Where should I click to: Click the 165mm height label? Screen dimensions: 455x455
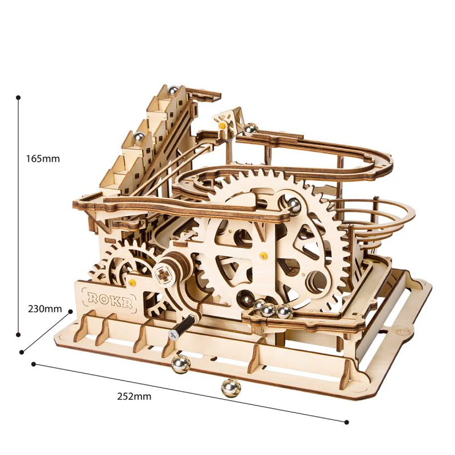click(x=43, y=159)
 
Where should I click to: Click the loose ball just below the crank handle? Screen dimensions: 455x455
click(x=180, y=365)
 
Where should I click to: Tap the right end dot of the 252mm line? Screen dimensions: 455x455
click(x=346, y=421)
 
